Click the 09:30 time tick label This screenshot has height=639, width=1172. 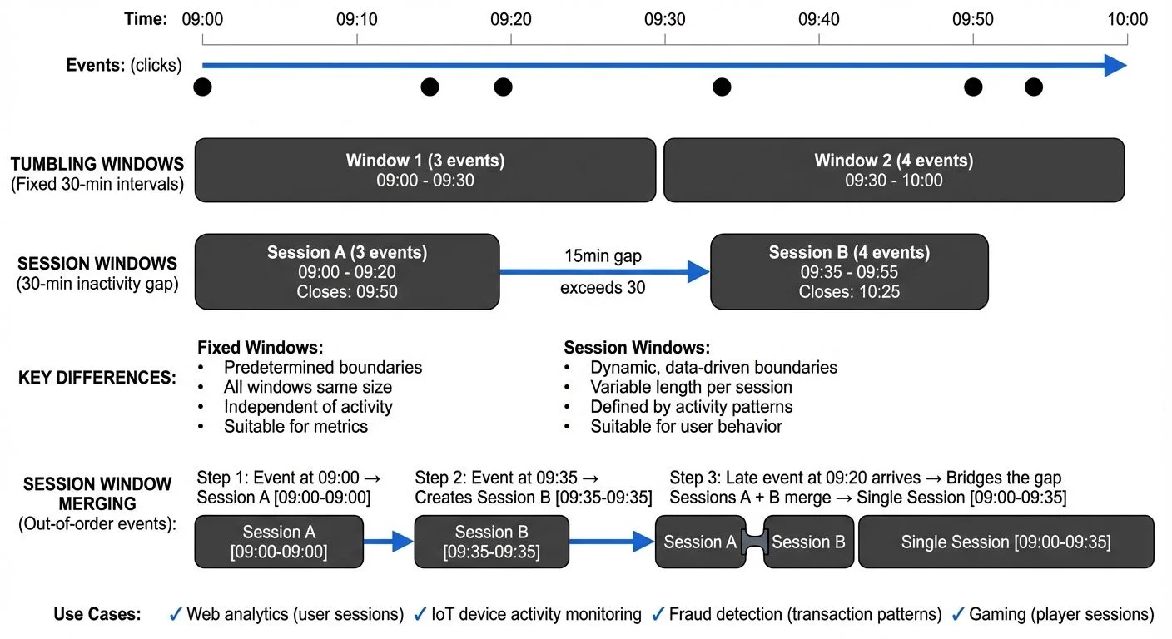pyautogui.click(x=664, y=18)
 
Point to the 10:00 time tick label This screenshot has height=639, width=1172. pyautogui.click(x=1127, y=18)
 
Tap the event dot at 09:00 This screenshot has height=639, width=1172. pyautogui.click(x=202, y=87)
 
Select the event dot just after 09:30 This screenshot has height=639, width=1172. pyautogui.click(x=722, y=87)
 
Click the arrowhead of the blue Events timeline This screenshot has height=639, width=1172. pyautogui.click(x=1115, y=66)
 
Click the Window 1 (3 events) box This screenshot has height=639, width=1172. pyautogui.click(x=425, y=170)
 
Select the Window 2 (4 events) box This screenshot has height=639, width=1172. pyautogui.click(x=893, y=170)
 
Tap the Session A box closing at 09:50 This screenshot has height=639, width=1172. pyautogui.click(x=346, y=272)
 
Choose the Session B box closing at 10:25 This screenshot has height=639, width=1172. pyautogui.click(x=849, y=272)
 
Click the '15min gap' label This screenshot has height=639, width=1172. pyautogui.click(x=603, y=256)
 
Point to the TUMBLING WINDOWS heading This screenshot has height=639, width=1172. pyautogui.click(x=97, y=165)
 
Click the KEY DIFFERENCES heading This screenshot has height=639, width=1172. pyautogui.click(x=97, y=378)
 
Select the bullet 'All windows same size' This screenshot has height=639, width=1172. pyautogui.click(x=307, y=387)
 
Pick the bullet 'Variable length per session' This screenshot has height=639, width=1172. pyautogui.click(x=691, y=387)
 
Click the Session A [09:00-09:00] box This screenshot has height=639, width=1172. pyautogui.click(x=279, y=542)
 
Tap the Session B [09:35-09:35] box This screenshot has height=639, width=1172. pyautogui.click(x=491, y=542)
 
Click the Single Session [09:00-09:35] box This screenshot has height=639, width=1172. pyautogui.click(x=1006, y=542)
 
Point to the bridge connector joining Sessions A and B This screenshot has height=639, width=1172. pyautogui.click(x=755, y=542)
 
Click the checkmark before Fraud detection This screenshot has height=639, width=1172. pyautogui.click(x=658, y=615)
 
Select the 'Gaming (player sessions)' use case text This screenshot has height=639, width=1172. pyautogui.click(x=1061, y=615)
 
